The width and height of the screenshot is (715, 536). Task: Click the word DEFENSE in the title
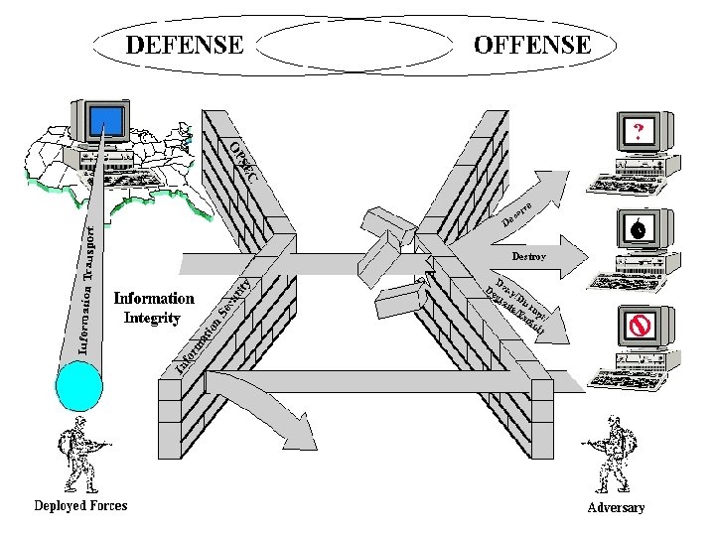(184, 45)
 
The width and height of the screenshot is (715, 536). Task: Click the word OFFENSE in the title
(532, 45)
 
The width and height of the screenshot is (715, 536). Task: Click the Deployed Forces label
(80, 505)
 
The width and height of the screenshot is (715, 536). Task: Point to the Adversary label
(616, 507)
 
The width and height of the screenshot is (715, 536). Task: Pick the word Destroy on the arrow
(527, 256)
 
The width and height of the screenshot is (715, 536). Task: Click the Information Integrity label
(154, 308)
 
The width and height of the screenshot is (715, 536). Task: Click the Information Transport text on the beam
(87, 290)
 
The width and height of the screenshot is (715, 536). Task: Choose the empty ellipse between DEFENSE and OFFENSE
(357, 45)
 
